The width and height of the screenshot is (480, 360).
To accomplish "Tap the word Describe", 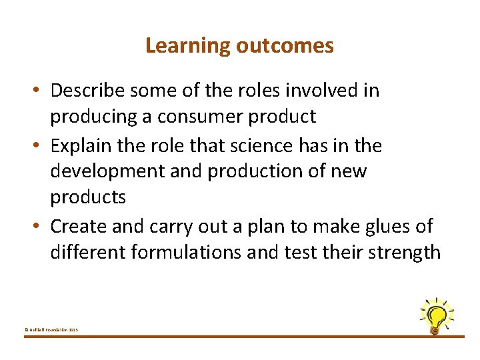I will pyautogui.click(x=90, y=90).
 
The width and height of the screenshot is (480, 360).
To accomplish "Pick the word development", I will pyautogui.click(x=107, y=171).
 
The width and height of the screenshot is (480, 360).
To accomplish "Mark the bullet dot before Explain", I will pyautogui.click(x=41, y=145).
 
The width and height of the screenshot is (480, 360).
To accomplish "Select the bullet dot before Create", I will pyautogui.click(x=41, y=227).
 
